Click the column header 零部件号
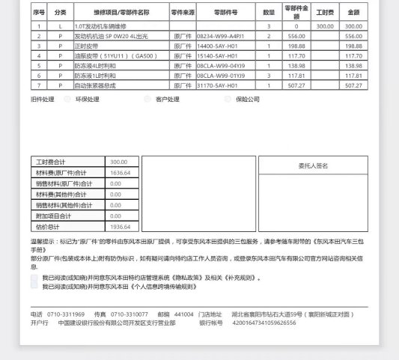pos(225,13)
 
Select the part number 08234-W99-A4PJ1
pos(221,36)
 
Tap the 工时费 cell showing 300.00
pos(324,26)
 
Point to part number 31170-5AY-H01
pos(217,85)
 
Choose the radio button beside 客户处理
pos(147,99)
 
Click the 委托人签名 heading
pos(308,165)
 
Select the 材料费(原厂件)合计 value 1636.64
pos(120,172)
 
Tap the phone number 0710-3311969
pos(66,314)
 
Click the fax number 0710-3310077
pos(129,314)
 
